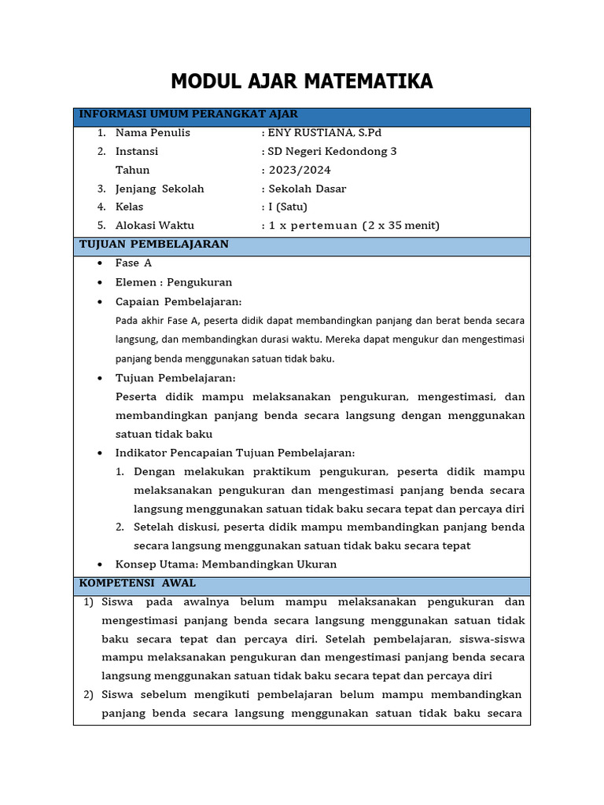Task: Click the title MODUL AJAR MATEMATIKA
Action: (x=302, y=81)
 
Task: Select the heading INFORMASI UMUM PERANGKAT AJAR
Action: (x=188, y=115)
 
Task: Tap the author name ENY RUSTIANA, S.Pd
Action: (x=325, y=133)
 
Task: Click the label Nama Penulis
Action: (x=153, y=133)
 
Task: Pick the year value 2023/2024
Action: (x=300, y=170)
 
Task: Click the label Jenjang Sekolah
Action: (x=160, y=189)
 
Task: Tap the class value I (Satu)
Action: (x=288, y=207)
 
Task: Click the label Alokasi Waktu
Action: (x=155, y=226)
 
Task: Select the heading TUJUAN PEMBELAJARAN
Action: (x=154, y=244)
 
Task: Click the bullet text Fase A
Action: (x=134, y=263)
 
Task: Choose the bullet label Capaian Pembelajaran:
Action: (x=179, y=302)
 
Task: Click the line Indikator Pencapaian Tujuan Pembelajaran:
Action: (x=235, y=453)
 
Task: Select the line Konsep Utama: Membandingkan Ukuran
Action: (x=226, y=564)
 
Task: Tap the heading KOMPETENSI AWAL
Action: (x=138, y=583)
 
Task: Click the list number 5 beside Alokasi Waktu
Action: (x=101, y=226)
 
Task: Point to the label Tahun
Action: (x=132, y=170)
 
